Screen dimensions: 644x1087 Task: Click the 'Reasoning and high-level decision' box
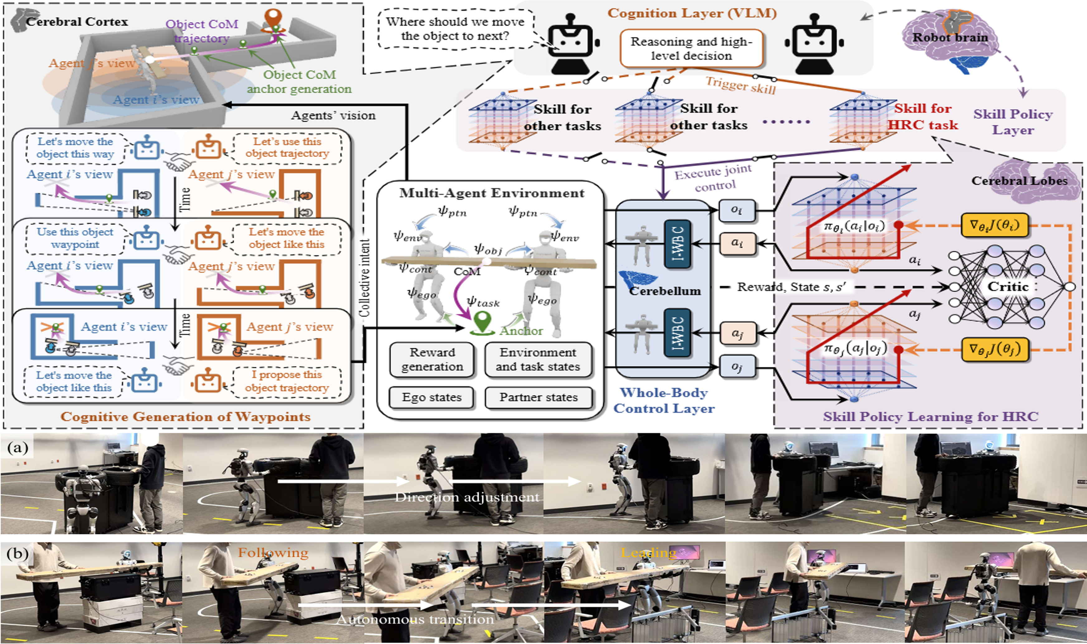point(691,48)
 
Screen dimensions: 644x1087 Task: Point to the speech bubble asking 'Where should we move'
point(455,29)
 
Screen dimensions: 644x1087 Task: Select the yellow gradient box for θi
point(994,225)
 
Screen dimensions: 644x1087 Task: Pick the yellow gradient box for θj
point(994,349)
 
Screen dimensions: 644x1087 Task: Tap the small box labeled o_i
point(736,210)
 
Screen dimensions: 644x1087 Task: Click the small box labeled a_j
point(736,333)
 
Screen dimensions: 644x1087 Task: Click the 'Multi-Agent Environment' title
point(492,193)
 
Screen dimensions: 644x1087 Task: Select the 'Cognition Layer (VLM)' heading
point(692,13)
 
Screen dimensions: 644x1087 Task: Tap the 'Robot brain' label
point(950,38)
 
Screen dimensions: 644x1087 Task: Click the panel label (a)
point(18,447)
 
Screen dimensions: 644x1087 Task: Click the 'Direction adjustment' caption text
point(467,497)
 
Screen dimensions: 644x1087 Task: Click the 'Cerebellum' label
point(665,291)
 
